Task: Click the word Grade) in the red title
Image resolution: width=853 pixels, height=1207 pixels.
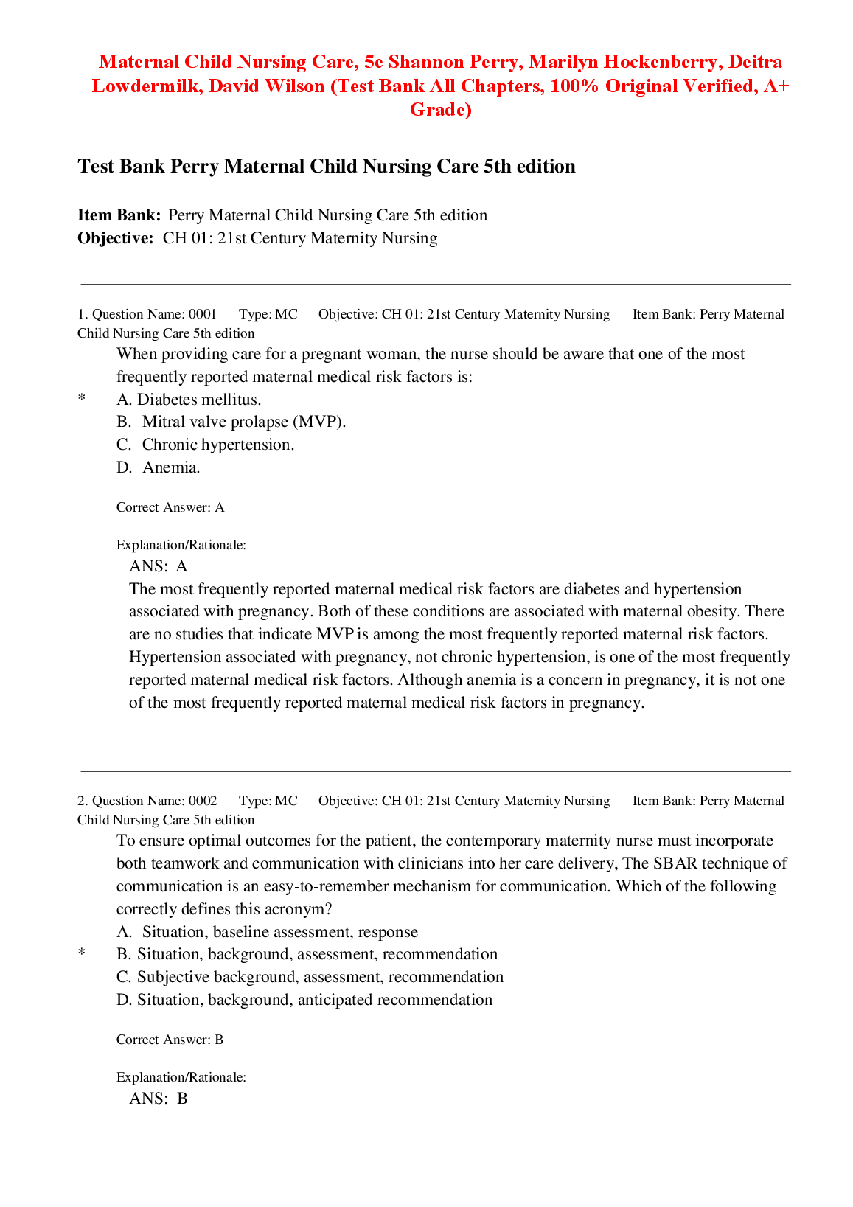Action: pyautogui.click(x=440, y=110)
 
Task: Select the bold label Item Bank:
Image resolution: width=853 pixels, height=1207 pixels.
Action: pyautogui.click(x=119, y=215)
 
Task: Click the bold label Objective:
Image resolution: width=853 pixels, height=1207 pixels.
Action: pyautogui.click(x=116, y=238)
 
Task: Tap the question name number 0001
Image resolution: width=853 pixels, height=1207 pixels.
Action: pyautogui.click(x=203, y=314)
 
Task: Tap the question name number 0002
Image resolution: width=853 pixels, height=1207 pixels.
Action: pyautogui.click(x=203, y=801)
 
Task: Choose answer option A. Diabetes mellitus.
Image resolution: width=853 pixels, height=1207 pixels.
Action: pyautogui.click(x=189, y=400)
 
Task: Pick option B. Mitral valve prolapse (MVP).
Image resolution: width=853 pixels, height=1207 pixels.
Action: pyautogui.click(x=231, y=422)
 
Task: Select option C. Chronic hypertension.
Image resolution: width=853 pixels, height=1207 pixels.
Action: pyautogui.click(x=205, y=445)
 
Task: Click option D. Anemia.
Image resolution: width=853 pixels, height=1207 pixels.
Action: pyautogui.click(x=159, y=467)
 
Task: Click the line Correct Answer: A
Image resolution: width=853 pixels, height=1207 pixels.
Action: pyautogui.click(x=170, y=507)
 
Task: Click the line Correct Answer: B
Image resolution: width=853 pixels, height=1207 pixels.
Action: pyautogui.click(x=170, y=1040)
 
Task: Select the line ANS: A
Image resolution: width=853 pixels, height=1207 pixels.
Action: pyautogui.click(x=159, y=566)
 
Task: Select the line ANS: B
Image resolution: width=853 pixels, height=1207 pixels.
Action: pyautogui.click(x=159, y=1099)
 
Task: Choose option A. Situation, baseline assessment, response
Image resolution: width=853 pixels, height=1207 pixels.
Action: pyautogui.click(x=267, y=932)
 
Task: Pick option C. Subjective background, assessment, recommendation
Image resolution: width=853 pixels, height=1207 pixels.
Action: pyautogui.click(x=310, y=977)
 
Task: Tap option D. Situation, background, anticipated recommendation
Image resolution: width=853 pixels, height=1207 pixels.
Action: pyautogui.click(x=304, y=1000)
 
